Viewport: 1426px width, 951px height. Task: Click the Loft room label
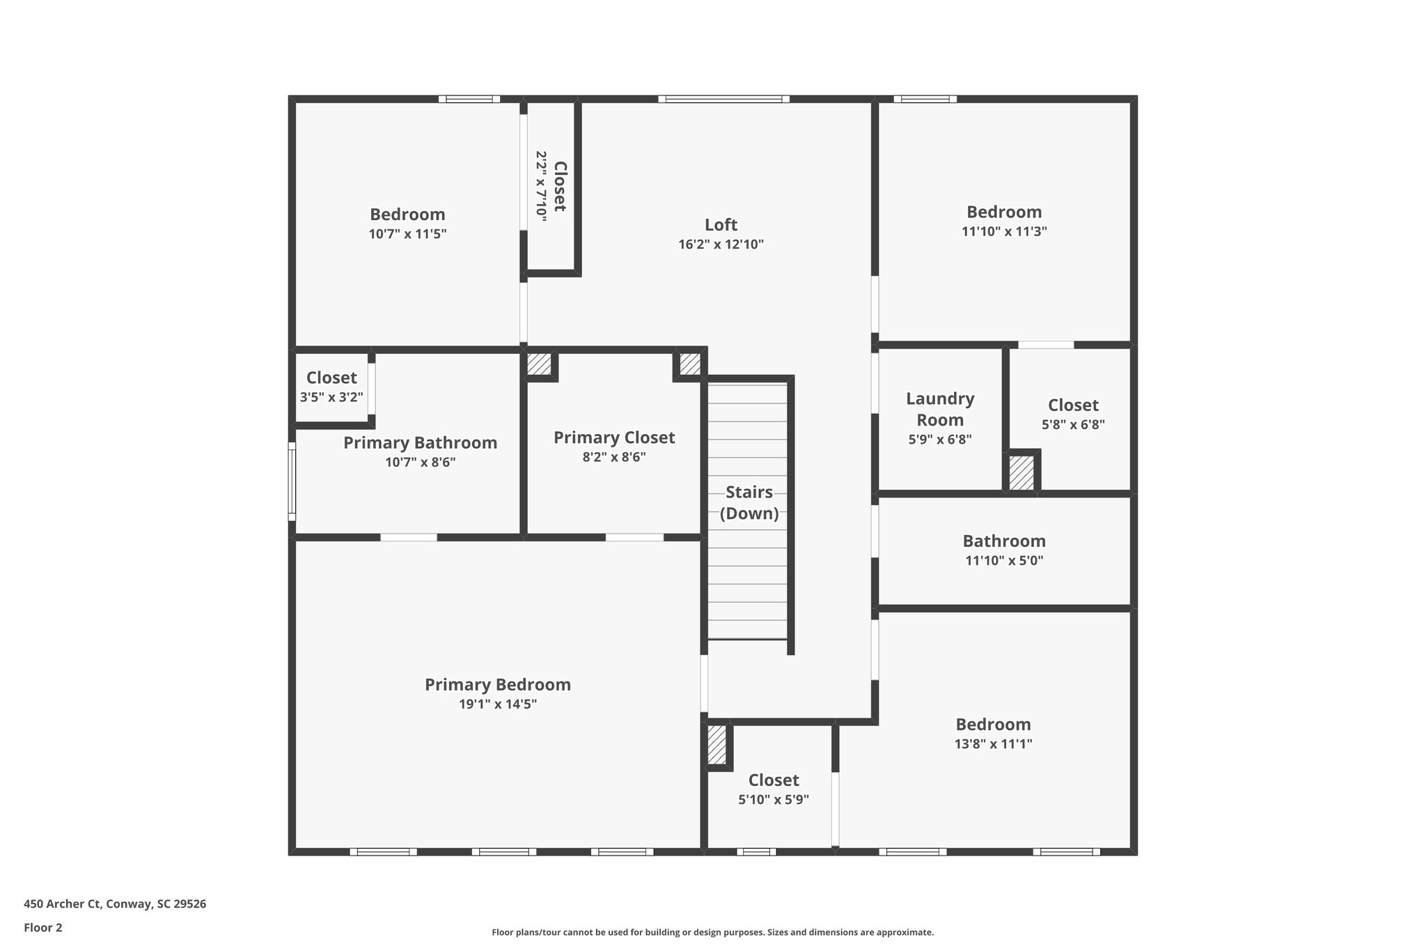(721, 225)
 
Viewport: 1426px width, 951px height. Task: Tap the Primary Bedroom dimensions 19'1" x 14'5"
(497, 704)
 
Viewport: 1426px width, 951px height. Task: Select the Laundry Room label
(940, 409)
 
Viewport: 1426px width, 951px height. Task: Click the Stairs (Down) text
(749, 502)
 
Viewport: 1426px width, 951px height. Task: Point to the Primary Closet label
(613, 438)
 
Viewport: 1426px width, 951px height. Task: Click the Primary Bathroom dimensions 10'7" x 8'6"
(420, 462)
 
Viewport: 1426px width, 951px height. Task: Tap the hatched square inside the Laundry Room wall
(1021, 473)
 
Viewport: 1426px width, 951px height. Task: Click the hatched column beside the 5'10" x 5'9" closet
(716, 745)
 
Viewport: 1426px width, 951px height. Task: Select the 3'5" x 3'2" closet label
(331, 378)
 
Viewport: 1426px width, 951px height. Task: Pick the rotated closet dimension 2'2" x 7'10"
(541, 187)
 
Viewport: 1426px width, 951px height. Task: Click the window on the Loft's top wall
(723, 99)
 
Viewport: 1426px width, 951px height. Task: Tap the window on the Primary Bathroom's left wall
(292, 481)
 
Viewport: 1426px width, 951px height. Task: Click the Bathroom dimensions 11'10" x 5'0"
(1003, 560)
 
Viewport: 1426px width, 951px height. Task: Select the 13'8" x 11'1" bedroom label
(993, 725)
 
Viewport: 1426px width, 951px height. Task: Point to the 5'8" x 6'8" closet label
(1073, 405)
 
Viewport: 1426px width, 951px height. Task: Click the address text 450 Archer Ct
(115, 904)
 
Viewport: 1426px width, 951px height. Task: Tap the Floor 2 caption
(43, 927)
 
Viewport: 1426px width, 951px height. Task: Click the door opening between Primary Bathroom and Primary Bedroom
(409, 537)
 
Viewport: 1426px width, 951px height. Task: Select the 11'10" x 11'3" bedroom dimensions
(1004, 231)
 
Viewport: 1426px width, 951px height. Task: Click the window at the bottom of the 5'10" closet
(756, 851)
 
